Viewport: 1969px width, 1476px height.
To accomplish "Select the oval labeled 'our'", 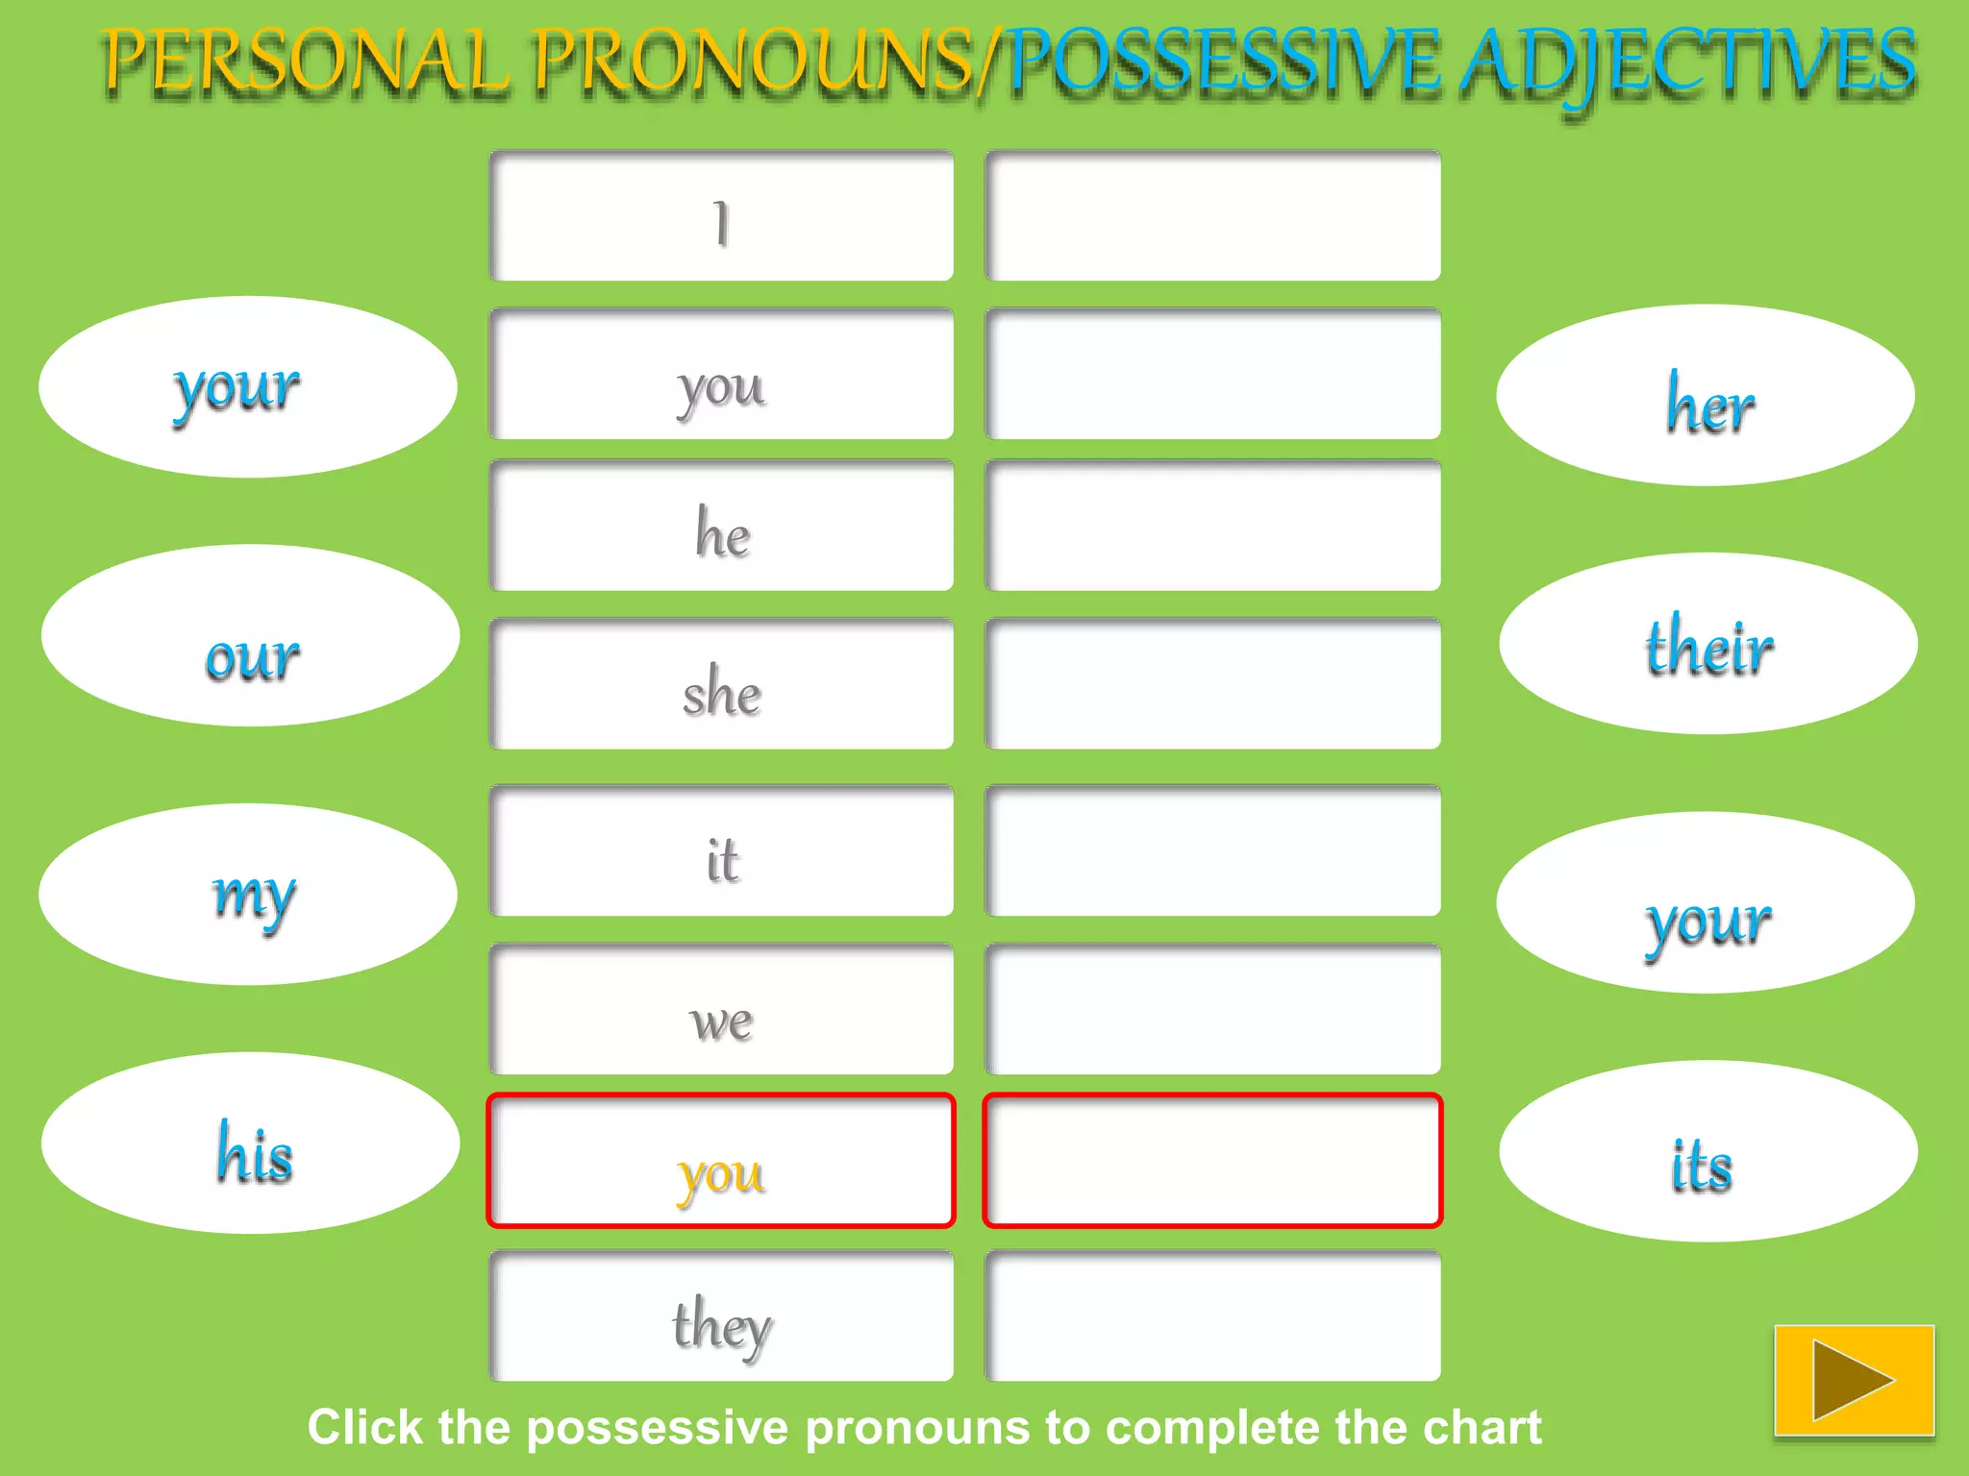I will pos(250,636).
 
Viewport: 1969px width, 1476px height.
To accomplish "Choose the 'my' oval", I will pos(248,895).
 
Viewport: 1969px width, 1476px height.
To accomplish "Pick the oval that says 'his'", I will pos(250,1144).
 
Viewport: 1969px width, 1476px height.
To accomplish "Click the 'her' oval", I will pos(1706,396).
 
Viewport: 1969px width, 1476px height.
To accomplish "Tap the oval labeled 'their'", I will pos(1707,644).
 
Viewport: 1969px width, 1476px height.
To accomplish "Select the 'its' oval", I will pos(1707,1151).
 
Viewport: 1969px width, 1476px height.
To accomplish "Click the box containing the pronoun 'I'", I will pos(721,217).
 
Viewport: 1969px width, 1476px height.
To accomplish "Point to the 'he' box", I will pos(721,527).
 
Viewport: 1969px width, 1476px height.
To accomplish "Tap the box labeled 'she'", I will pos(721,684).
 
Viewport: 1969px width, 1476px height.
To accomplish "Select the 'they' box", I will pos(721,1316).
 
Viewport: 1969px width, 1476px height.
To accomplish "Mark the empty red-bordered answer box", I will pos(1212,1161).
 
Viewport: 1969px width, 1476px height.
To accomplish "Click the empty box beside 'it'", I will pos(1212,851).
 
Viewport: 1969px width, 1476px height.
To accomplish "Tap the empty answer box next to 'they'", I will pos(1212,1316).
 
